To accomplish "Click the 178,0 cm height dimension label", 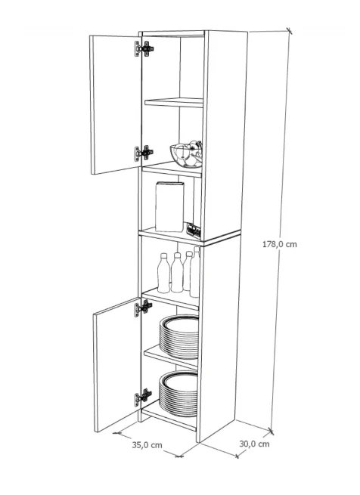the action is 280,244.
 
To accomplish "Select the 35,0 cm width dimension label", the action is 147,445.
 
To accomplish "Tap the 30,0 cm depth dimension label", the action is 254,444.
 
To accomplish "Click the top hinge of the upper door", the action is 144,49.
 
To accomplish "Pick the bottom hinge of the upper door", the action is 144,153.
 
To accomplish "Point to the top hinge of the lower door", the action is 143,308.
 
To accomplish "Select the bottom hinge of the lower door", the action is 143,397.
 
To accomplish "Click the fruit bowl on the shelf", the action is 187,155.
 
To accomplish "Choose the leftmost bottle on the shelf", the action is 163,273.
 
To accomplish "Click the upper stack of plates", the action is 179,337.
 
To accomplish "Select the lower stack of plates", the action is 178,394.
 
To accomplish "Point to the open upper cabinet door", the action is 116,104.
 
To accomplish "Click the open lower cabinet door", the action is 117,364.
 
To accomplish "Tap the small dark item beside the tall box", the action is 194,230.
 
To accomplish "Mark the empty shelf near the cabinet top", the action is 174,103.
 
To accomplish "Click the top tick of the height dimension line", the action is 289,31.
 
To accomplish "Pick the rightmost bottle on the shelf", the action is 195,272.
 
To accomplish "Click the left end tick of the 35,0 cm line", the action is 117,433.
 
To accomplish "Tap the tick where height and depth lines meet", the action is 271,431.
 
